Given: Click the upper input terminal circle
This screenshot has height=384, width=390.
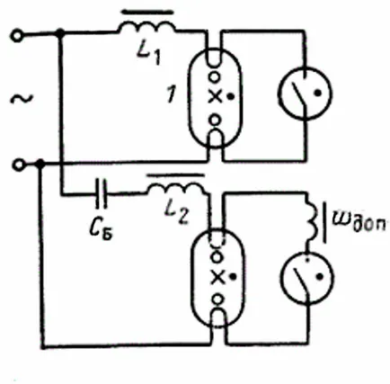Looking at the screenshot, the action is click(x=17, y=36).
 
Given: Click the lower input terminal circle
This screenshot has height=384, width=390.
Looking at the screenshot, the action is click(x=19, y=165).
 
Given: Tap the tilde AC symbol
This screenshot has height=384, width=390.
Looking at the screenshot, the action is click(x=22, y=99).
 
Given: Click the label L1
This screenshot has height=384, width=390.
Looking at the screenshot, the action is click(x=148, y=54).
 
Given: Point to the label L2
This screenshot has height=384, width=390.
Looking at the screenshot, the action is click(x=177, y=213).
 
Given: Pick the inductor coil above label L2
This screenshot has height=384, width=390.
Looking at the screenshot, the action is click(x=177, y=190).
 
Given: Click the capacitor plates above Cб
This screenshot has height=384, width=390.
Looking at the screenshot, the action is click(x=102, y=193).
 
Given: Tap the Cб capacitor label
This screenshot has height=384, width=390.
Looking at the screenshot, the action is click(x=102, y=230).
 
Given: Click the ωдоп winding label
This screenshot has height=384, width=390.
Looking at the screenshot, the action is click(x=360, y=223).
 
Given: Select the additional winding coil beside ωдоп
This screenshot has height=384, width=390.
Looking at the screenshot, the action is click(x=312, y=219).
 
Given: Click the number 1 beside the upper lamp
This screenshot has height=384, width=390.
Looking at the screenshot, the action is click(x=172, y=95).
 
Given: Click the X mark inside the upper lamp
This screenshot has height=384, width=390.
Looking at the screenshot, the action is click(x=215, y=97).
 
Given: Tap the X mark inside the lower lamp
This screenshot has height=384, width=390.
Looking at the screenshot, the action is click(x=217, y=277).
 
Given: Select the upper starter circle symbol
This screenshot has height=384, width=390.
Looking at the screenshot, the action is click(x=306, y=94).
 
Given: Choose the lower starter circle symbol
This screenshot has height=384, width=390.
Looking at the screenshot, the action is click(x=307, y=278).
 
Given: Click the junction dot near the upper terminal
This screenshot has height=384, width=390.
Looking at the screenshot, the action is click(x=60, y=33).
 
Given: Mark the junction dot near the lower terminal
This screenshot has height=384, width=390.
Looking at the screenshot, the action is click(x=40, y=164).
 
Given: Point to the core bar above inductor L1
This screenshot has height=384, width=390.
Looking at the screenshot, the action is click(x=147, y=13).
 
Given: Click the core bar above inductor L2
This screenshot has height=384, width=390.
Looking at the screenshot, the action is click(x=177, y=174).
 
